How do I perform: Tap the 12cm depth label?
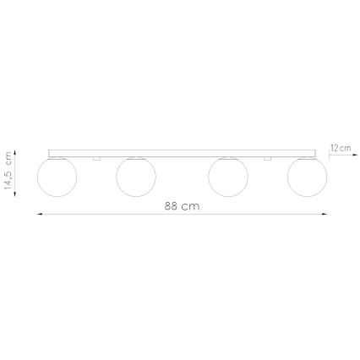pyautogui.click(x=340, y=147)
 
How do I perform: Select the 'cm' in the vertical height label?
pyautogui.click(x=8, y=158)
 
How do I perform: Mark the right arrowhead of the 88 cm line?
pyautogui.click(x=327, y=215)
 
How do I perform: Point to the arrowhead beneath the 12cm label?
pyautogui.click(x=330, y=155)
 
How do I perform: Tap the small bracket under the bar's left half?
pyautogui.click(x=98, y=158)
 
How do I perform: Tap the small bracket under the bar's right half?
pyautogui.click(x=266, y=158)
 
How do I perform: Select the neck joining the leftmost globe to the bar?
pyautogui.click(x=57, y=157)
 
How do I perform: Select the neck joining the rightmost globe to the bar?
pyautogui.click(x=307, y=157)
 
